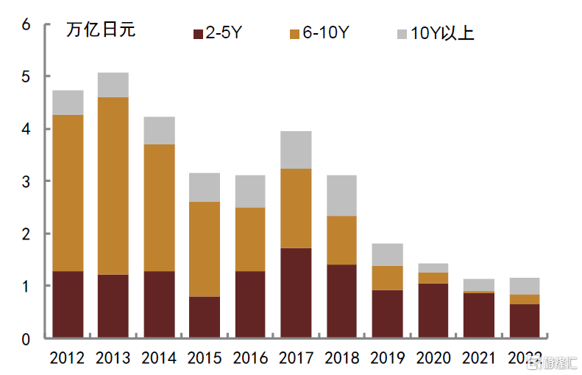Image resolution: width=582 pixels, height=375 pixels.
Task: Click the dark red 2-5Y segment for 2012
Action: (x=68, y=304)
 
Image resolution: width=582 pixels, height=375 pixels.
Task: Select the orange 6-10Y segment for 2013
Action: (x=113, y=186)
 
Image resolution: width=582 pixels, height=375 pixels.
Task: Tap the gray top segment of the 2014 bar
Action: (x=159, y=130)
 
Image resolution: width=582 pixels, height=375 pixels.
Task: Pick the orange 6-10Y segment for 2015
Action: (x=205, y=249)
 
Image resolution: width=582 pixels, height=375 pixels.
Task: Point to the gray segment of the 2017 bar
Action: (x=296, y=150)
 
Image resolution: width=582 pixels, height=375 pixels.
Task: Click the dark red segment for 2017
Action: (x=296, y=292)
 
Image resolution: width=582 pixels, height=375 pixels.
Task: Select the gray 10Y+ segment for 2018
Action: (x=341, y=195)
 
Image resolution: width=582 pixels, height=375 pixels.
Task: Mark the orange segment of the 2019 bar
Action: (x=387, y=278)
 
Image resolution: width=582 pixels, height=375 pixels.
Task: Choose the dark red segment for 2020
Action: (x=433, y=310)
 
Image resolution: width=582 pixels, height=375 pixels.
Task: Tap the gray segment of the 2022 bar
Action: (x=524, y=286)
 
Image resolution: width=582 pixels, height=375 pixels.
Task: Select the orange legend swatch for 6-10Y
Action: (x=295, y=34)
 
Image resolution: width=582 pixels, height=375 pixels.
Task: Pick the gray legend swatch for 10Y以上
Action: (x=402, y=34)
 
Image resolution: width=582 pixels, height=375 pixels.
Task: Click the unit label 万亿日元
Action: (x=101, y=31)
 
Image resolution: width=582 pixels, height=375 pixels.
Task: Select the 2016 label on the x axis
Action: (x=250, y=358)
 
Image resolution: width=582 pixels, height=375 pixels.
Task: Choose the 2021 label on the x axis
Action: (x=478, y=358)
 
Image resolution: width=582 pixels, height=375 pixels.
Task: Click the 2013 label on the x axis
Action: (x=113, y=358)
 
